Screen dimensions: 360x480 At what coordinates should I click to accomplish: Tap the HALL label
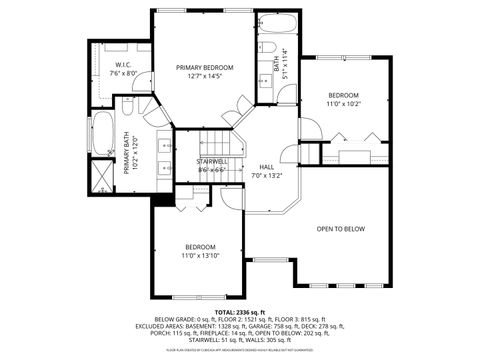pyautogui.click(x=267, y=167)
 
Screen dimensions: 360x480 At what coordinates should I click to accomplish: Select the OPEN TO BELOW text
pyautogui.click(x=341, y=229)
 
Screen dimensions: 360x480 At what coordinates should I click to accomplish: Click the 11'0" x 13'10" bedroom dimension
pyautogui.click(x=200, y=256)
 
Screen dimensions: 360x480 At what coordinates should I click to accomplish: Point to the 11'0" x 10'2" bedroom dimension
pyautogui.click(x=343, y=103)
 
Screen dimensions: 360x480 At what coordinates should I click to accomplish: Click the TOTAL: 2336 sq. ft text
pyautogui.click(x=240, y=313)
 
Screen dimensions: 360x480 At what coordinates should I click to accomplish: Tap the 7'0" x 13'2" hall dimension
pyautogui.click(x=267, y=176)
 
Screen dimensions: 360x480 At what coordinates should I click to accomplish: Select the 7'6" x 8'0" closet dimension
pyautogui.click(x=110, y=73)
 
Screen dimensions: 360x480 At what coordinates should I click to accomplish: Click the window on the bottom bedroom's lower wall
pyautogui.click(x=198, y=297)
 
